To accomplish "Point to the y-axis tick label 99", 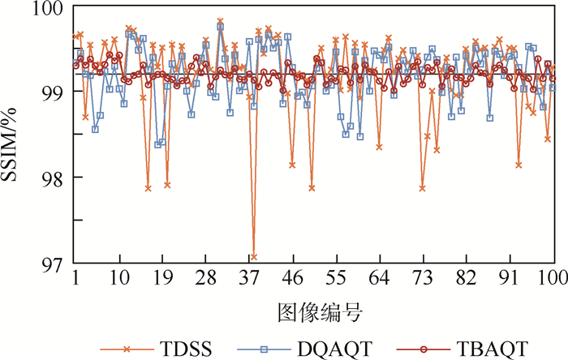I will point(53,92).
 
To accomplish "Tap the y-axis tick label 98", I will point(53,178).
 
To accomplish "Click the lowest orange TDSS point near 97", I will point(254,257).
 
